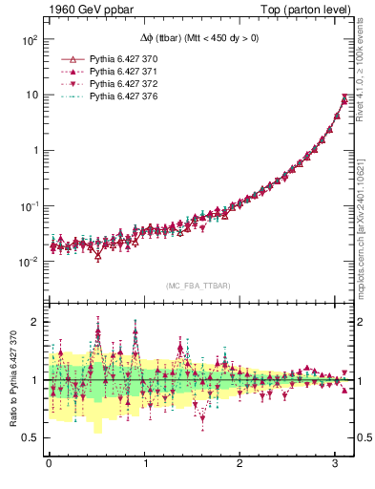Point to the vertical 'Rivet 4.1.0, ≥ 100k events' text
click(x=365, y=76)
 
